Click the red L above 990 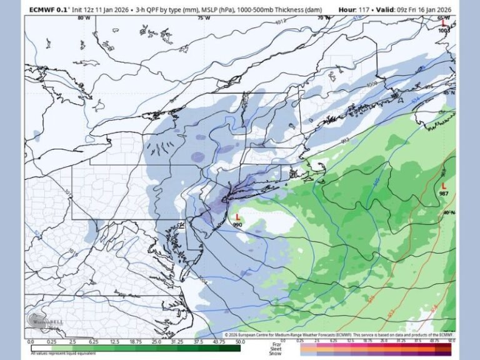(x=237, y=217)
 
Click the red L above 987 (x=444, y=186)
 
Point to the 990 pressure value (x=237, y=224)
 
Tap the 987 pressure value (x=444, y=194)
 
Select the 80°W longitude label (x=83, y=18)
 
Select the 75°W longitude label (x=204, y=18)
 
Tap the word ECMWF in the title (x=42, y=9)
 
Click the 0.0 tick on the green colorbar (x=30, y=342)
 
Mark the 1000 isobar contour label (x=372, y=84)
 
